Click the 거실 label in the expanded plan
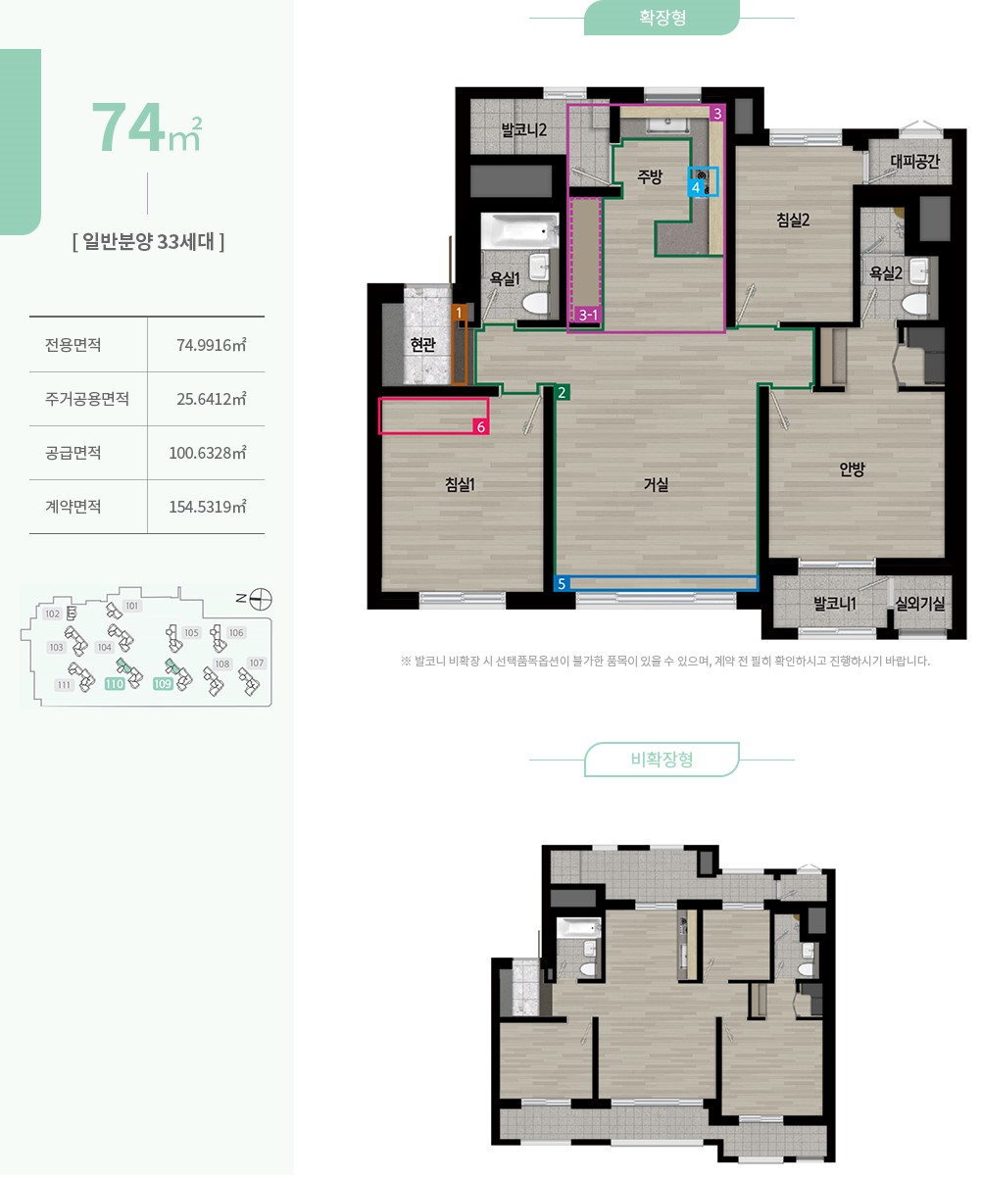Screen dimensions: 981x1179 click(x=655, y=484)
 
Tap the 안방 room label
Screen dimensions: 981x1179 click(x=852, y=468)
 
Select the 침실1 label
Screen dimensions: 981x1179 click(x=460, y=484)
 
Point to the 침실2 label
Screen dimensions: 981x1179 click(x=793, y=220)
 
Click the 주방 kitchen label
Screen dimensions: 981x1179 click(x=650, y=176)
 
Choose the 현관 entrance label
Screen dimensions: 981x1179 click(x=423, y=344)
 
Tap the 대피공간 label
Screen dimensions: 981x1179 click(x=914, y=162)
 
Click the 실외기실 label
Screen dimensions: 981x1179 click(x=920, y=604)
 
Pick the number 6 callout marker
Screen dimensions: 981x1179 click(x=480, y=427)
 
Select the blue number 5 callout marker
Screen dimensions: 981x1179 click(x=562, y=583)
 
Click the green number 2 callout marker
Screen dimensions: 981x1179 click(x=562, y=392)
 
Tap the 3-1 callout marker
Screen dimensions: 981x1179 click(x=588, y=315)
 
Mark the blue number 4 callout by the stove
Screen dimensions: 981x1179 click(x=695, y=187)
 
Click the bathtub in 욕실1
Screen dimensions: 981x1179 click(x=519, y=231)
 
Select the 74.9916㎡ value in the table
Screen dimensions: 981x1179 click(x=212, y=344)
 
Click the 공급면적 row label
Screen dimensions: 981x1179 click(x=74, y=453)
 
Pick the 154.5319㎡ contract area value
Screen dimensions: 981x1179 click(x=207, y=507)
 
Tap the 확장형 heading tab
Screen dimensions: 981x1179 click(x=662, y=18)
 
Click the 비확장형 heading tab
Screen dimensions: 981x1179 click(x=662, y=760)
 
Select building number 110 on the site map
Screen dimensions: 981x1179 click(x=114, y=684)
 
